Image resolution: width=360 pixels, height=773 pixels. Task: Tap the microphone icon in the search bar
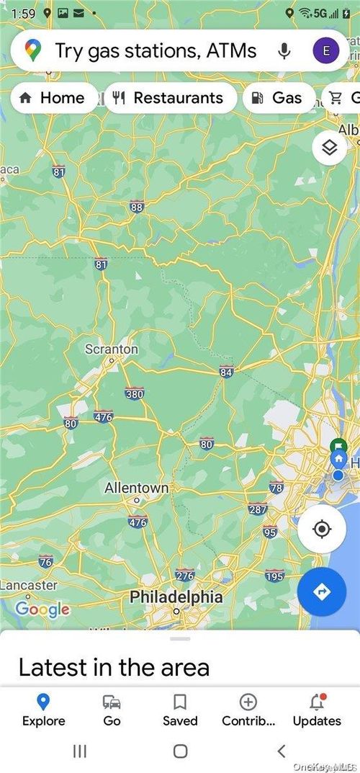pos(284,50)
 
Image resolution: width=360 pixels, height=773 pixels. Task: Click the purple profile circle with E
pos(326,50)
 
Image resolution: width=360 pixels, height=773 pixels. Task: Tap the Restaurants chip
pos(170,98)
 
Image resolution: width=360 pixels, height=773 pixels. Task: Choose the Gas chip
pos(278,98)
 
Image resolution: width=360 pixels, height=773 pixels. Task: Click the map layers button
pos(330,148)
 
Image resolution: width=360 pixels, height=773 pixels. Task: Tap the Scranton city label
pos(112,349)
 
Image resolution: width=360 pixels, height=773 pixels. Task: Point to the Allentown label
pos(136,488)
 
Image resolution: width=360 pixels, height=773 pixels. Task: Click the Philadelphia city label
pos(176,597)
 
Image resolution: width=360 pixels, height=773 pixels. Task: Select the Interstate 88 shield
pos(137,207)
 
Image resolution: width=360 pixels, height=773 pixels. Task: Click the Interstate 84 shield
pos(227,372)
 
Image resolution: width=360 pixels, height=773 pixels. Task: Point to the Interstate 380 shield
pos(135,393)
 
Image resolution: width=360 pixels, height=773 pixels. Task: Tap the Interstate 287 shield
pos(257,509)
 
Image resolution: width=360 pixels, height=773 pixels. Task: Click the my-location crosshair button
pos(322,530)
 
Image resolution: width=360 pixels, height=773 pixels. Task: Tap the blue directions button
pos(322,591)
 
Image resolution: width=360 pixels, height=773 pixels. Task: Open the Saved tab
pos(180,710)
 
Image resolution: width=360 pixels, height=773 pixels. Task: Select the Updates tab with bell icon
pos(316,710)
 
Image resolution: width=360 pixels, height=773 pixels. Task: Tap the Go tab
pos(112,710)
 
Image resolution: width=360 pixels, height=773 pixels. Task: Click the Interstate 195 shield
pos(274,576)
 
